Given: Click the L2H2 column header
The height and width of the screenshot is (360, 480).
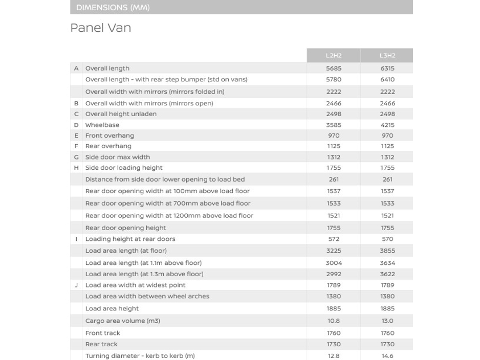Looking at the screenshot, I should click(334, 56).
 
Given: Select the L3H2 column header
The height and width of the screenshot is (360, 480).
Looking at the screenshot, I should click(387, 56).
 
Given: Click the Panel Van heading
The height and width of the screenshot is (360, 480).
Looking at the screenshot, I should click(101, 28).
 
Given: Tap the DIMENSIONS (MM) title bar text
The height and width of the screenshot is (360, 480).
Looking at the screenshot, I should click(113, 8).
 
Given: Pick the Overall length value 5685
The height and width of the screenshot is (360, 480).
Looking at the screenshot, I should click(334, 69).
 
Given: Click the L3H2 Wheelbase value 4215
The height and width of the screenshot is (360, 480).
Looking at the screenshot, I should click(387, 125).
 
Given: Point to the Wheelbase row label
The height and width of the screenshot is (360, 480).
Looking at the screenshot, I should click(102, 125).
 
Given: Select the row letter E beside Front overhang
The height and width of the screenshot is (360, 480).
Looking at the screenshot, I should click(76, 136).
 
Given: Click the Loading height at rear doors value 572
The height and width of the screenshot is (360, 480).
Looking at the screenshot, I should click(334, 239).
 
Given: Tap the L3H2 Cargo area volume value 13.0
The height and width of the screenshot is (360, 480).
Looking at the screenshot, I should click(387, 321).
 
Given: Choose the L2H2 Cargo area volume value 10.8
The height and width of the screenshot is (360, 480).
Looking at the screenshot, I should click(334, 321).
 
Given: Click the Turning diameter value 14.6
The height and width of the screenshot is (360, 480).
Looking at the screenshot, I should click(387, 356).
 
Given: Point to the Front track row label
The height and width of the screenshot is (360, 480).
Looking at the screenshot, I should click(103, 333).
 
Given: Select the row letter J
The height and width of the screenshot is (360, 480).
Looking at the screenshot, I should click(76, 285).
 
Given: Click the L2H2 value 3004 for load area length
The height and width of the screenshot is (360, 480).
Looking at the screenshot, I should click(334, 263).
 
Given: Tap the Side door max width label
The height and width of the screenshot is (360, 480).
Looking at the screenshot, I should click(118, 157).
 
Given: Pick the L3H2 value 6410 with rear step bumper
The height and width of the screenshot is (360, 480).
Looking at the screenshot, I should click(387, 80).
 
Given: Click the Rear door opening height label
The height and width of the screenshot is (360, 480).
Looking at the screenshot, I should click(126, 228).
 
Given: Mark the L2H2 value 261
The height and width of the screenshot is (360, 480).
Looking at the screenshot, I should click(334, 180).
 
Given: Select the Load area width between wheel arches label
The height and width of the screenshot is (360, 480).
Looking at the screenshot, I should click(147, 297).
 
